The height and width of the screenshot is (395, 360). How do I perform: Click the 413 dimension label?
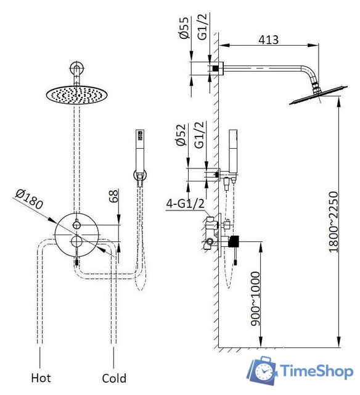[268, 39]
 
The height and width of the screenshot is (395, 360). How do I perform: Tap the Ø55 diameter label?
[184, 28]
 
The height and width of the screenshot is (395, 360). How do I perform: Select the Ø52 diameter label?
[181, 135]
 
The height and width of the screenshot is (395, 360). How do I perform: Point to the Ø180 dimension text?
[29, 199]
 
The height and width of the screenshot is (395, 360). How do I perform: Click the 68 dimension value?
[113, 196]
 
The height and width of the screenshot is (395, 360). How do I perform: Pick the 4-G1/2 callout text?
[185, 203]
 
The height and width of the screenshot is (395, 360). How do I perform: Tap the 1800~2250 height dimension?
[333, 222]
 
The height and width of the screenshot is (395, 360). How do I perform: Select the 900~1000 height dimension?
[255, 299]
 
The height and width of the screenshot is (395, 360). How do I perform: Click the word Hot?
[41, 378]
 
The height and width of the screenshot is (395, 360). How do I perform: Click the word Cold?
[114, 378]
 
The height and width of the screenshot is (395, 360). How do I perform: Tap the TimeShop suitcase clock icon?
[262, 370]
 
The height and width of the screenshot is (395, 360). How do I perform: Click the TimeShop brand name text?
[317, 371]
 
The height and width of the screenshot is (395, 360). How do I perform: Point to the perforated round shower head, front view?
[76, 95]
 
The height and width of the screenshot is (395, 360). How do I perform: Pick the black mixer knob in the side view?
[234, 241]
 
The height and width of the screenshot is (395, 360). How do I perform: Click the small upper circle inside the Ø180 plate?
[76, 225]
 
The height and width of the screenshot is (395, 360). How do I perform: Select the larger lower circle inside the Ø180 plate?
[76, 241]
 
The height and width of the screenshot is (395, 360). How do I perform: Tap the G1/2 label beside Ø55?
[202, 27]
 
